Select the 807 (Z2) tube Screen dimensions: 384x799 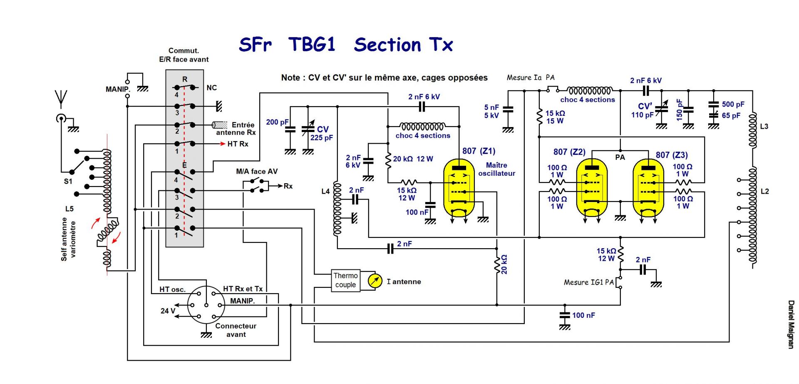(592, 188)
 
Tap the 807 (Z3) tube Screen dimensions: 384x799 (648, 188)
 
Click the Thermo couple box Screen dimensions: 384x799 (345, 280)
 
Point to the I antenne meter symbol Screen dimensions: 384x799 (375, 282)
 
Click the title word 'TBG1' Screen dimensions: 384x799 (312, 45)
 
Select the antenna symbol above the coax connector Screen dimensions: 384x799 (61, 97)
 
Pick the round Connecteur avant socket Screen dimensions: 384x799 (206, 305)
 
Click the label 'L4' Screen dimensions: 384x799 (325, 191)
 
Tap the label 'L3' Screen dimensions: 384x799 (764, 127)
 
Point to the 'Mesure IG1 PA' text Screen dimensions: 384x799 (588, 282)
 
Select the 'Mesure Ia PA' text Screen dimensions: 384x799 (530, 77)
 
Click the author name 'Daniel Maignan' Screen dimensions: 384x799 (791, 324)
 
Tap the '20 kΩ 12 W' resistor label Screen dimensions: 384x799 (413, 159)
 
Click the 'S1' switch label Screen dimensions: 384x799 (68, 182)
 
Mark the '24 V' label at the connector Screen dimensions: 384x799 (168, 311)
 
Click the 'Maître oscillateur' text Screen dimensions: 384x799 (496, 169)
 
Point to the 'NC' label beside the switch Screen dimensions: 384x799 (211, 88)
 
